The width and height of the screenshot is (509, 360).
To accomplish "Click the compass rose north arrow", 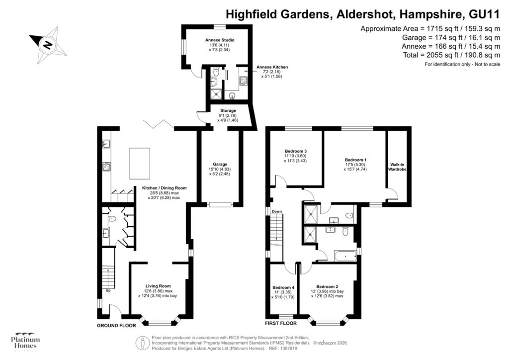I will (x=47, y=45).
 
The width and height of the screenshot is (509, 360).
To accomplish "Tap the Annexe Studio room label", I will (x=220, y=40).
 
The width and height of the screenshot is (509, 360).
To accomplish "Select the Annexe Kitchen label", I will (x=272, y=67).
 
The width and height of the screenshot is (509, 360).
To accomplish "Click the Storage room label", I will (x=228, y=110).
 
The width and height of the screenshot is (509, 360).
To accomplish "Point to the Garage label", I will (x=220, y=164).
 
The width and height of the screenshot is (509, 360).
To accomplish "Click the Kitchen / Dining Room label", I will (x=164, y=188).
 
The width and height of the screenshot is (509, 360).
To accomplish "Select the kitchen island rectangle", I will (x=139, y=163).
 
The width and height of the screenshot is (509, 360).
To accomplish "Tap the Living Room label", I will (x=158, y=286).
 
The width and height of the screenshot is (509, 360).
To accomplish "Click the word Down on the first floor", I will (x=277, y=212).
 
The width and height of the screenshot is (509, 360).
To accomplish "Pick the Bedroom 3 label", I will (x=295, y=151).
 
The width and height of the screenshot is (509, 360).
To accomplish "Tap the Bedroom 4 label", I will (x=283, y=287).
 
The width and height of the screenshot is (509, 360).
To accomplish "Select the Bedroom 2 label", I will (x=327, y=286).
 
